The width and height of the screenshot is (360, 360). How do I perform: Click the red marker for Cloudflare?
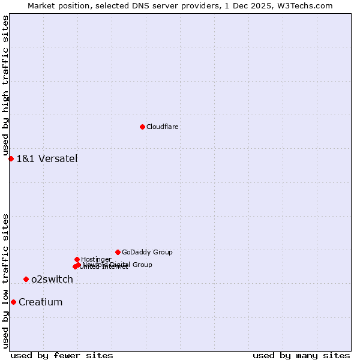142,127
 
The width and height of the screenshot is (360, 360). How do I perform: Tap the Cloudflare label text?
162,127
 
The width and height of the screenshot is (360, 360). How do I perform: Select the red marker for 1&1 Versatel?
11,158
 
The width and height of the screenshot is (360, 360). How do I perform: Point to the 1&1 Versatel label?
47,159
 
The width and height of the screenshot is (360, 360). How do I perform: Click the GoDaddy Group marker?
118,252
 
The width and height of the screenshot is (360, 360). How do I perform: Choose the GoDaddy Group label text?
147,253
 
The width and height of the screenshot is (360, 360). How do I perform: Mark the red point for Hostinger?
77,259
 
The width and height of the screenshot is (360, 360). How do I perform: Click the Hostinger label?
96,260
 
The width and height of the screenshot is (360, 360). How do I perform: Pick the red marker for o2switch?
26,279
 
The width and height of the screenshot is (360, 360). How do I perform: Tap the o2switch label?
52,280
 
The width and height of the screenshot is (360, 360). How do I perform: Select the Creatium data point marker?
13,302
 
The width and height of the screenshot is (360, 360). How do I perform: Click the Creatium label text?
40,302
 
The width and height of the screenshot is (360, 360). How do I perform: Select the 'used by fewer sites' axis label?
62,356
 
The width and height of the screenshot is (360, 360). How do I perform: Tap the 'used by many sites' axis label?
301,356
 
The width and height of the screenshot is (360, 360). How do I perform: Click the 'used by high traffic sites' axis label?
5,86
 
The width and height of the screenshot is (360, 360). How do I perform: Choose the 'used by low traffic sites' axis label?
5,281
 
